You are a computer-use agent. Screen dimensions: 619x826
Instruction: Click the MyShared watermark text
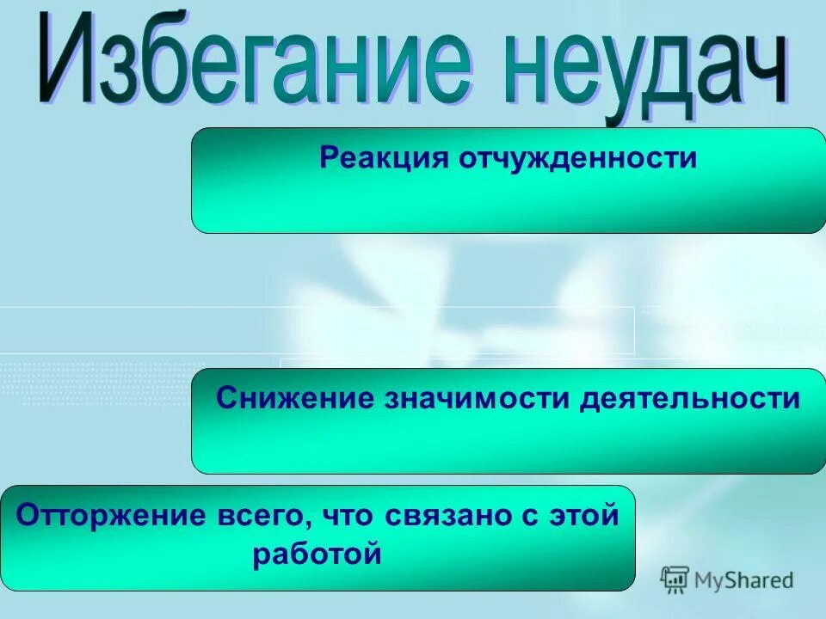coord(744,580)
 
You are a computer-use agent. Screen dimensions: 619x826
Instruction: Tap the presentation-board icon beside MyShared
coord(675,580)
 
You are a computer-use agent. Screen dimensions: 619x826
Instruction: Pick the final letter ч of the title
coord(766,82)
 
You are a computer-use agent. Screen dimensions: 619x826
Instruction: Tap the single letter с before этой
coord(525,518)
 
